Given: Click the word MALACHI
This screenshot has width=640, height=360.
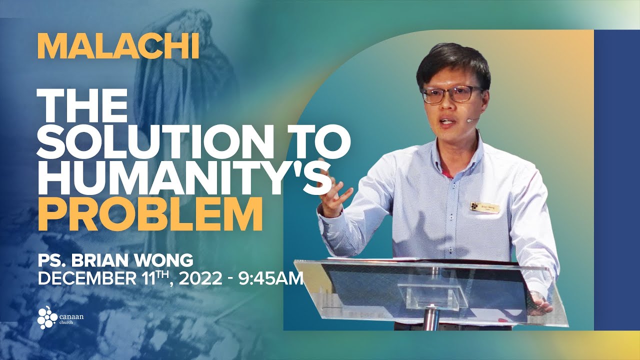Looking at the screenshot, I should pos(118,47).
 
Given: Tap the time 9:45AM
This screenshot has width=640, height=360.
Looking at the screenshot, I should pos(273,277).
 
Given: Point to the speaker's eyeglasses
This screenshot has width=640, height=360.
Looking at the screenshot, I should pos(452,94).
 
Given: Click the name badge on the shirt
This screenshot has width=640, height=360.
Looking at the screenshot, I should pos(484,206).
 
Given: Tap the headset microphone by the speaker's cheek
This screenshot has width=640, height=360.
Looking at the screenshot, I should pos(470,120).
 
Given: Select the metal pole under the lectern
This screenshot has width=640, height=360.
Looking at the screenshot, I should pos(429,317).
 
